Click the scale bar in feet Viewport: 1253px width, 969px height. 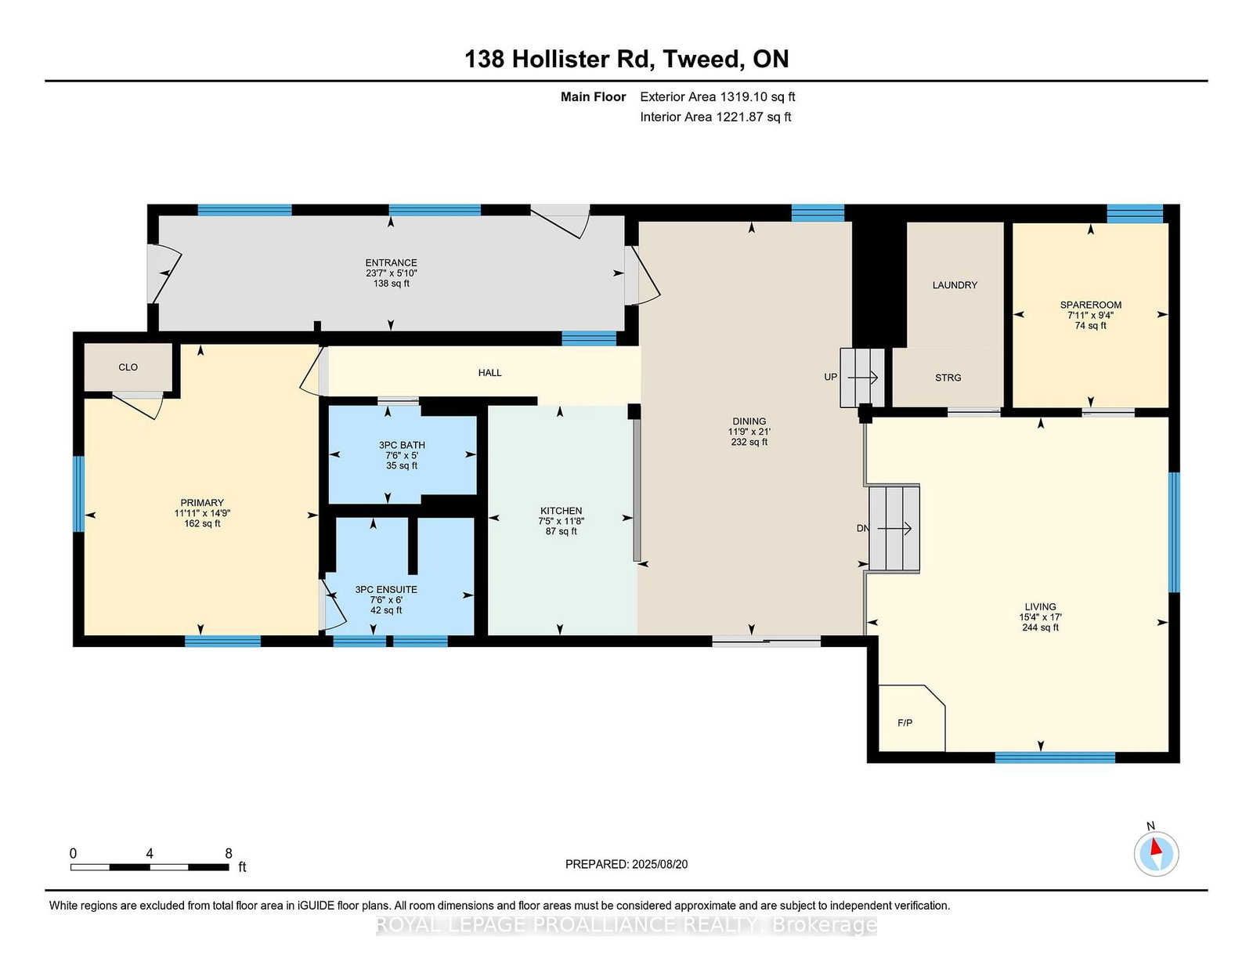(x=150, y=866)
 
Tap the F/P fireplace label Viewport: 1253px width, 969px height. (x=905, y=723)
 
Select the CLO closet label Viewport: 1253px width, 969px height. (x=128, y=367)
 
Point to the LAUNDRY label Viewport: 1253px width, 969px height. (x=955, y=285)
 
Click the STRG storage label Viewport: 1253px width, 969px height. (x=948, y=378)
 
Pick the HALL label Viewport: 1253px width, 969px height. (x=489, y=373)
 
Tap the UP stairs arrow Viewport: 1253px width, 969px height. (x=863, y=378)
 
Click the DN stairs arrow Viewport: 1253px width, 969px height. (x=894, y=528)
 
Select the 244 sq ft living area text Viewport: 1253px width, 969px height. (x=1040, y=627)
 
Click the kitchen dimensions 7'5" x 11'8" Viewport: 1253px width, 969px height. (x=561, y=521)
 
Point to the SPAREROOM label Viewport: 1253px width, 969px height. (x=1090, y=305)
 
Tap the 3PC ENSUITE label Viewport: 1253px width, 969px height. (x=386, y=590)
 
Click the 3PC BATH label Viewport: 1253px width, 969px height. (x=402, y=445)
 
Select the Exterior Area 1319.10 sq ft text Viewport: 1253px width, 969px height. (x=717, y=97)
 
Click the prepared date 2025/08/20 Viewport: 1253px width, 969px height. (x=659, y=864)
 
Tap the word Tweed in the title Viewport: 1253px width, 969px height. (x=701, y=59)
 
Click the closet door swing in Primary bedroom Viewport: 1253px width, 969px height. (x=138, y=406)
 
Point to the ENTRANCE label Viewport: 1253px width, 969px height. (x=391, y=262)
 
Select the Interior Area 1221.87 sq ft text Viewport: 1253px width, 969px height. (x=715, y=117)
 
